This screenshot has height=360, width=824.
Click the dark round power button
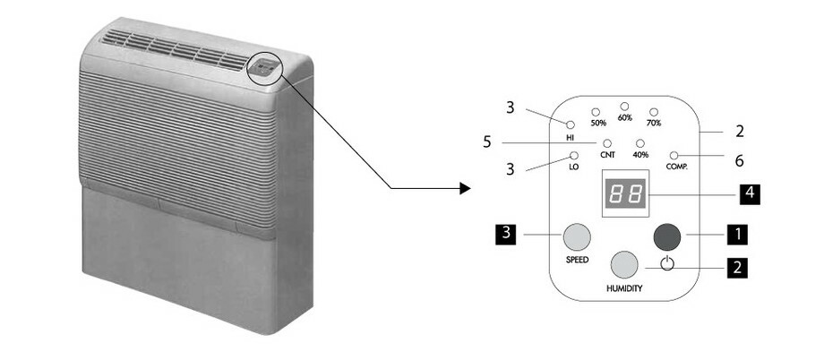[668, 236]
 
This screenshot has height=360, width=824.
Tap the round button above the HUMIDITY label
[624, 265]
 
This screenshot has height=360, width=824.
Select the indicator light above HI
[570, 124]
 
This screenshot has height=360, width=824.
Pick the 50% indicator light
[596, 112]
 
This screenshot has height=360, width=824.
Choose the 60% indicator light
[624, 106]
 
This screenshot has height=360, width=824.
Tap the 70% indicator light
[653, 112]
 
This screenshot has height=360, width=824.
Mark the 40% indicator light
[639, 143]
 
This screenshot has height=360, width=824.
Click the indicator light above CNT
[606, 143]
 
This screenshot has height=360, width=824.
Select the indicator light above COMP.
[673, 156]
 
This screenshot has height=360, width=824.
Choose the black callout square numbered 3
[506, 235]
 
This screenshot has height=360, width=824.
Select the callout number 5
[486, 141]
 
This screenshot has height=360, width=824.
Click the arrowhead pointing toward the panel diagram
[464, 188]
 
